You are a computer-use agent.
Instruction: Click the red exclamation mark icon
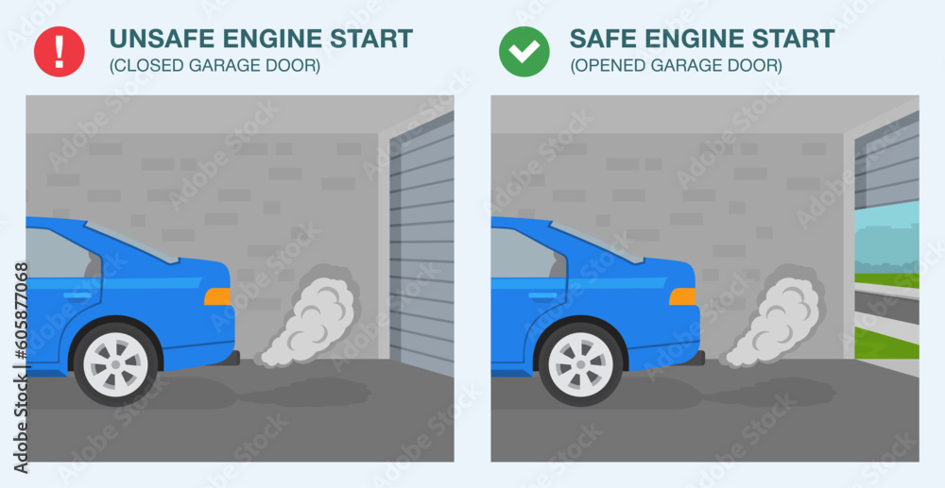tap(59, 51)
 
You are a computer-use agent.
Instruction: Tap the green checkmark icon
tap(524, 51)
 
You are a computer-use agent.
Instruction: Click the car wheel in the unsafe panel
tap(116, 362)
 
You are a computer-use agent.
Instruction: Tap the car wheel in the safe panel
tap(581, 362)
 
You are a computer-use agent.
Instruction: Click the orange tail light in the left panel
tap(217, 296)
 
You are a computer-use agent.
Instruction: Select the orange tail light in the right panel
tap(682, 296)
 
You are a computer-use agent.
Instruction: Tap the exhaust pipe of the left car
tap(232, 358)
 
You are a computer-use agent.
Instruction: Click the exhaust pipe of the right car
tap(697, 358)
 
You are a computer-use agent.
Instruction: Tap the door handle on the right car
tap(542, 296)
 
